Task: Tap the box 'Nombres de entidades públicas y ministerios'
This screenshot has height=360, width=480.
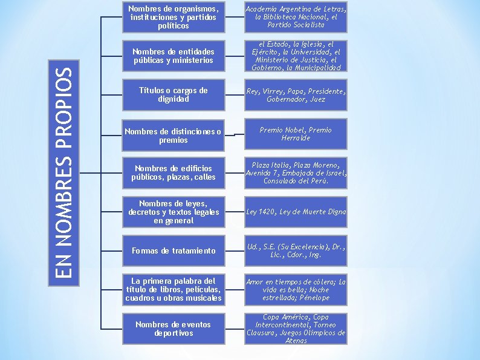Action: (173, 56)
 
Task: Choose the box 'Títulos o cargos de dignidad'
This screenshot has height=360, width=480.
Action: (173, 94)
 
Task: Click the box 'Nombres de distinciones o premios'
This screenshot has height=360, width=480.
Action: (173, 136)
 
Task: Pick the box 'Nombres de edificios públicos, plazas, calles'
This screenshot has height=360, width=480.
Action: (173, 172)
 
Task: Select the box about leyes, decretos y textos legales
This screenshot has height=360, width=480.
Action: (173, 212)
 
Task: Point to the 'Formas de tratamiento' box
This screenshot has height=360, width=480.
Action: (173, 250)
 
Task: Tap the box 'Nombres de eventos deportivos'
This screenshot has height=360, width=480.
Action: (173, 329)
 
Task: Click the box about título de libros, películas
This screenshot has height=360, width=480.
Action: (173, 289)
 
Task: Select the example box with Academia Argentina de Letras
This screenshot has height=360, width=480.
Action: (296, 17)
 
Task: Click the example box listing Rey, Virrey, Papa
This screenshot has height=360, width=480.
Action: (296, 94)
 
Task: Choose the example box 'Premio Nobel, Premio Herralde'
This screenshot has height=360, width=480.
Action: (296, 134)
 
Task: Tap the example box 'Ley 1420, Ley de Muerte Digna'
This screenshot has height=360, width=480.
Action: (296, 212)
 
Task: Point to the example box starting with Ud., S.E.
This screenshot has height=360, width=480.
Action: (296, 250)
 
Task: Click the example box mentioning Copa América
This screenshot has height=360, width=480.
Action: (296, 329)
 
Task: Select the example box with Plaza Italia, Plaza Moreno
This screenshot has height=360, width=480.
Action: (296, 172)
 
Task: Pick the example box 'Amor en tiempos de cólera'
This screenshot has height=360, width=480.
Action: (296, 289)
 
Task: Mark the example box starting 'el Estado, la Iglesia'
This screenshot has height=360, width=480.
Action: (296, 56)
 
